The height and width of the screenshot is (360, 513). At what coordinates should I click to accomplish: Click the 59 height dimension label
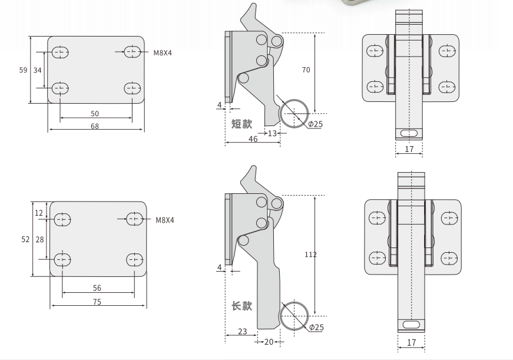(x=23, y=70)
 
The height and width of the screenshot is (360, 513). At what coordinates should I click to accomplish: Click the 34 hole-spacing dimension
(x=38, y=70)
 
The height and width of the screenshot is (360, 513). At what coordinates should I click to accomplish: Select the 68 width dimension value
(x=95, y=126)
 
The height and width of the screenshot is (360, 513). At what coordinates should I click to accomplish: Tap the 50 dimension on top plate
(x=95, y=113)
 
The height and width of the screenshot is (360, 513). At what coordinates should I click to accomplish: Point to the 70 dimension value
(x=306, y=70)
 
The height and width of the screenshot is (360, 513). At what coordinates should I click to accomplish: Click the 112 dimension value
(x=310, y=255)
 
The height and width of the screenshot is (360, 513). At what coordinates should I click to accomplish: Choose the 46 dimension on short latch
(x=253, y=139)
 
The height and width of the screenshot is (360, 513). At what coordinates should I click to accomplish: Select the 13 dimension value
(x=272, y=134)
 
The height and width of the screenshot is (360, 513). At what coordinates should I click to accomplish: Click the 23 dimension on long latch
(x=242, y=332)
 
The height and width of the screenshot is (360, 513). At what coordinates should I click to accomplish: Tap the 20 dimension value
(x=269, y=342)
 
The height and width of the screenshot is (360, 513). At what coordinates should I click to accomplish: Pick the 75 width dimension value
(x=97, y=302)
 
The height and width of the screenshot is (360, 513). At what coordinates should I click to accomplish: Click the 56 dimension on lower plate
(x=97, y=288)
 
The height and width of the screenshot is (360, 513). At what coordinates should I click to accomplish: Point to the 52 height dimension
(x=25, y=239)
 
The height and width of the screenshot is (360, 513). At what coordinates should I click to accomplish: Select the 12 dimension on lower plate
(x=39, y=213)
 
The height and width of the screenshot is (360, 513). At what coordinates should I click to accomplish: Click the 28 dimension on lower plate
(x=39, y=239)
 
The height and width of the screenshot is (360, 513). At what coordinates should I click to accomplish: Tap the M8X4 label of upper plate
(x=163, y=53)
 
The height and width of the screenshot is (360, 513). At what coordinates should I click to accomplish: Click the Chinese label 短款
(x=241, y=124)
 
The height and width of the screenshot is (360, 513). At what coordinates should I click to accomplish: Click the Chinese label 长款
(x=241, y=306)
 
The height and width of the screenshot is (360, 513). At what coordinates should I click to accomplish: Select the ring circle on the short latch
(x=294, y=113)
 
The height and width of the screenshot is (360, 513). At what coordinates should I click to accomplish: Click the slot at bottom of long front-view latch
(x=411, y=324)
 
